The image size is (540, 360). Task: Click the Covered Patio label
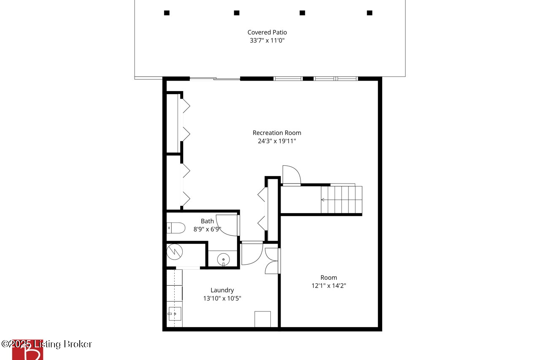[267, 32]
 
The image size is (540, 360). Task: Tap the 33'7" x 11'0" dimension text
[267, 40]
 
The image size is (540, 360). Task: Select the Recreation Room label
[277, 133]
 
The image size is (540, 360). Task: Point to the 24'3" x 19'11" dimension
[277, 141]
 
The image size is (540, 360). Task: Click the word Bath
[207, 221]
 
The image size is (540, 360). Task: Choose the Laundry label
[222, 290]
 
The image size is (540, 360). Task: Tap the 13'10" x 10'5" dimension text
[222, 298]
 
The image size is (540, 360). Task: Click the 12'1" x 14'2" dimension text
[329, 286]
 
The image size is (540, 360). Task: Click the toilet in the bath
[176, 228]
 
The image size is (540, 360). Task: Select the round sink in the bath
[223, 260]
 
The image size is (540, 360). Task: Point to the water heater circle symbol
[175, 252]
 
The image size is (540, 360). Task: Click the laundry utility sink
[175, 314]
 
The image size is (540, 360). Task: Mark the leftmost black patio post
[167, 13]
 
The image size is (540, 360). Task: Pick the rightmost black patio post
[370, 13]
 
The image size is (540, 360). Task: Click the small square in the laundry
[262, 319]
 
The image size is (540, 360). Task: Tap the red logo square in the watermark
[27, 349]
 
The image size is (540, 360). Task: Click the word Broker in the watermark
[78, 344]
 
